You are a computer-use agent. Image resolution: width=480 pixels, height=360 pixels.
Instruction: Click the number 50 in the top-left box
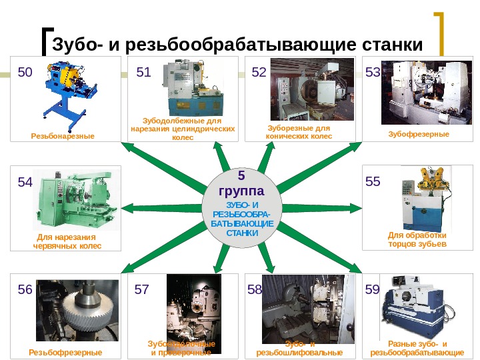25,73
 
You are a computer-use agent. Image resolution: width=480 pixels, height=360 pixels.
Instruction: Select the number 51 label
144,73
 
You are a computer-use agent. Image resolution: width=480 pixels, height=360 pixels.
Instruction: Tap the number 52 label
259,73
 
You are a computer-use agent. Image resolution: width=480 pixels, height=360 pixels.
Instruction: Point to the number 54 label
25,182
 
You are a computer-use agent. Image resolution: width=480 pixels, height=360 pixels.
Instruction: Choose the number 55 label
373,181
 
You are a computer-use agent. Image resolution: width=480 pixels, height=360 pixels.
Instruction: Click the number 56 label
25,290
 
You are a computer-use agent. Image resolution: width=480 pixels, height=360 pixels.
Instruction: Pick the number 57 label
142,290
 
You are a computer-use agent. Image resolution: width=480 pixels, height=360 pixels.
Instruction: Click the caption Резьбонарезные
63,136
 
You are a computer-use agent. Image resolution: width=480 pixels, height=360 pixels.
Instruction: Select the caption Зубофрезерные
419,134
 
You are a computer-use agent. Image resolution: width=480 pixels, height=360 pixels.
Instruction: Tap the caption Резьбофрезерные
65,351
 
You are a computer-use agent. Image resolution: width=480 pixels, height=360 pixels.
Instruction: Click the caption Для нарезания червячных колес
67,241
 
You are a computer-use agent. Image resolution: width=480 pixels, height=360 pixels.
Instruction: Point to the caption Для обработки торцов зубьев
417,239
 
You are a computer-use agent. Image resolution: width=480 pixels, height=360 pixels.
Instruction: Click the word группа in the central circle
241,190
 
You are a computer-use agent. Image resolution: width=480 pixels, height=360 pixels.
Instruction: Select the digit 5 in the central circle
241,176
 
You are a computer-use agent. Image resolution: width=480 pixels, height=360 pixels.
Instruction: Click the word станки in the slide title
393,45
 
